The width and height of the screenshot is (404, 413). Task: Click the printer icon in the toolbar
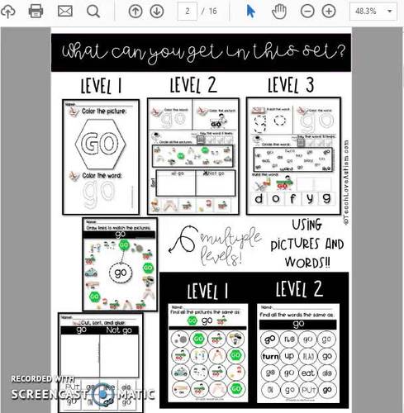coord(36,11)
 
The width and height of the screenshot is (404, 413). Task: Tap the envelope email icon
coord(64,11)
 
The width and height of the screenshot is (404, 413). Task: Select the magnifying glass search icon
coord(93,11)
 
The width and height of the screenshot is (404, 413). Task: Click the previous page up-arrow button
coord(135,11)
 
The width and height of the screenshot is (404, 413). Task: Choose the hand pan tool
coord(279,11)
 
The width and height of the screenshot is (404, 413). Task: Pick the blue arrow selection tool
coord(252,11)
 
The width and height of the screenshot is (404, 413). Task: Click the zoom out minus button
coord(307,11)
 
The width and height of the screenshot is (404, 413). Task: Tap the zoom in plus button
coord(328,11)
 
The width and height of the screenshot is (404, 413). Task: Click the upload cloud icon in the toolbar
coord(8,11)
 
